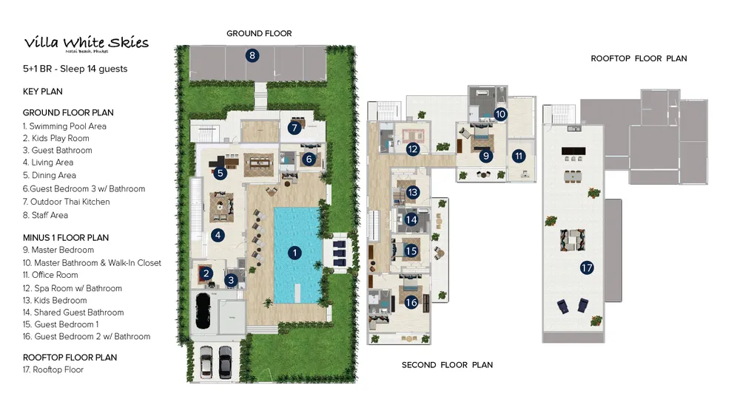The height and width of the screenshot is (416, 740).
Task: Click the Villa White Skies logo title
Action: tap(86, 43)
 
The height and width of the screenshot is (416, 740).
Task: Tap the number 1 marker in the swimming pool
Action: tap(295, 253)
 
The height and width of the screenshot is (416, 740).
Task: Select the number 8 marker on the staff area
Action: tap(252, 55)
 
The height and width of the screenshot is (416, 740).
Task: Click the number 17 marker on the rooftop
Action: tap(587, 268)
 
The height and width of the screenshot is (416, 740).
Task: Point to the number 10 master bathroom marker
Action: tap(500, 114)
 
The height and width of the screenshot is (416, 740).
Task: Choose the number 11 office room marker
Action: tap(519, 156)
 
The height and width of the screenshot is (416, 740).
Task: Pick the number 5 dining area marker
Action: tap(220, 174)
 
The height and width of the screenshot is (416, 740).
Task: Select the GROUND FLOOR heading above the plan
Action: tap(259, 33)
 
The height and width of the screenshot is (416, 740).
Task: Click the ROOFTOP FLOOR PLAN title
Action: tap(639, 58)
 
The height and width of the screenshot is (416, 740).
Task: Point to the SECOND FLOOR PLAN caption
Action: tap(447, 365)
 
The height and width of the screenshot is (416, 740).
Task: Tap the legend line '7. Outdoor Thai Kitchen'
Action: tap(66, 202)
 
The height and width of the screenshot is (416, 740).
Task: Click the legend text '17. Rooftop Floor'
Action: tap(53, 369)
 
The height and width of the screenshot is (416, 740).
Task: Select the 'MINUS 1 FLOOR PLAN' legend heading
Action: tap(66, 238)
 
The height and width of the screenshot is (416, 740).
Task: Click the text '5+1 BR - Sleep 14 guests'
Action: tap(75, 69)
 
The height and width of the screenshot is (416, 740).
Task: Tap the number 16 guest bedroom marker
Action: tap(411, 301)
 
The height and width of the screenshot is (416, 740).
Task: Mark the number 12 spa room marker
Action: tap(414, 149)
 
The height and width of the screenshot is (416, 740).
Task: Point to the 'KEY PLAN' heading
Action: tap(43, 92)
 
